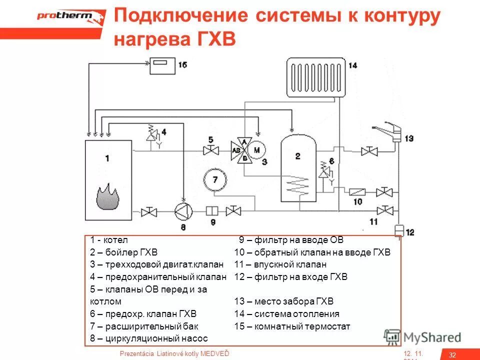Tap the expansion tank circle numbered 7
click(215, 178)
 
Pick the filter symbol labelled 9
click(211, 211)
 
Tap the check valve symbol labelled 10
click(358, 192)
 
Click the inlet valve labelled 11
click(384, 209)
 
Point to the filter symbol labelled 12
click(398, 231)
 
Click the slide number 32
click(452, 354)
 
